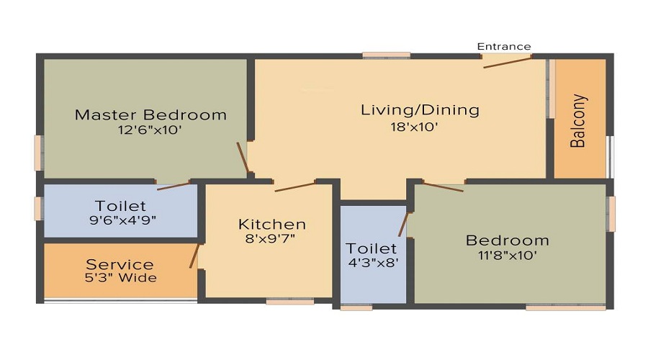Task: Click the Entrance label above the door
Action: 504,47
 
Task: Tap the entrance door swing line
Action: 508,62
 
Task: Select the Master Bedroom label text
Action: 150,114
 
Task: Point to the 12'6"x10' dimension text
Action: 150,130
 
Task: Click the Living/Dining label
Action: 419,110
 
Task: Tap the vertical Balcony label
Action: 578,121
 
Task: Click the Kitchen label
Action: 272,224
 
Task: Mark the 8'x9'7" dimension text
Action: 271,239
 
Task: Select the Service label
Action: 120,264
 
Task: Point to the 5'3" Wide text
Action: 120,278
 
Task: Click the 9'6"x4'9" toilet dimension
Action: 122,220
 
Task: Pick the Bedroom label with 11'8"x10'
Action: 507,240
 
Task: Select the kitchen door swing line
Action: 294,186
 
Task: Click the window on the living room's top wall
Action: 386,55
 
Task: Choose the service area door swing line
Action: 194,256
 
